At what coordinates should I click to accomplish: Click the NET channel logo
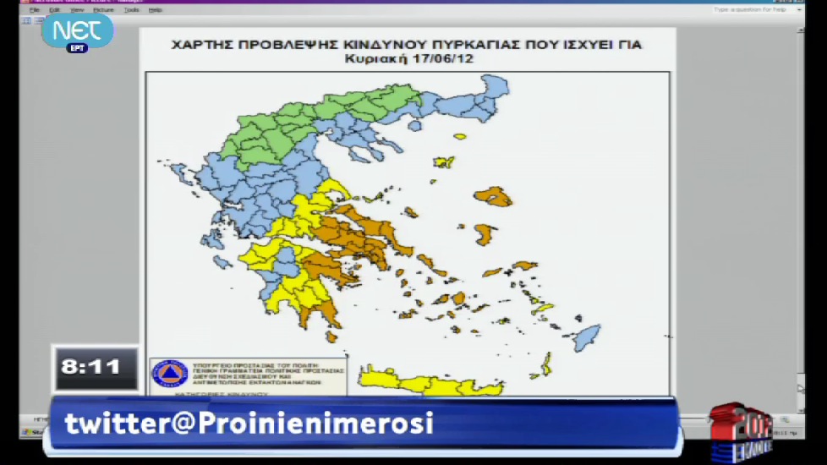77,30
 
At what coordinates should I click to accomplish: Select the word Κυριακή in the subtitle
372,60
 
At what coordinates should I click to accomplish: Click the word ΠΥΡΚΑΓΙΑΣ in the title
487,44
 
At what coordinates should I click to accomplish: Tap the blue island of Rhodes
587,336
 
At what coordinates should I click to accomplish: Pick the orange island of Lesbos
494,197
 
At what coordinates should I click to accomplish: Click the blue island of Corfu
179,174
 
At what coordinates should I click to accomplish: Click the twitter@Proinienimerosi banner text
249,423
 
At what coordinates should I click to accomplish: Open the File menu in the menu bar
35,10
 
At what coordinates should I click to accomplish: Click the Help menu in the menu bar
155,10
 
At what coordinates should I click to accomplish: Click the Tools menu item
131,10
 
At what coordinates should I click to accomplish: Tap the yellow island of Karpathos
546,364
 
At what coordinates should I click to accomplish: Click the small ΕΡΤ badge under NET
77,48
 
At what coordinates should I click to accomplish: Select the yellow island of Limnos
444,161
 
